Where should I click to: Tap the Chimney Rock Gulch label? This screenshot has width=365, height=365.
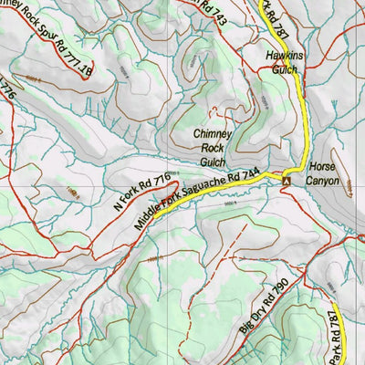(212, 147)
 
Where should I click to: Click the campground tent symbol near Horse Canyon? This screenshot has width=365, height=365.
(287, 182)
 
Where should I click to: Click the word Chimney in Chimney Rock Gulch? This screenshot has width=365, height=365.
(212, 133)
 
